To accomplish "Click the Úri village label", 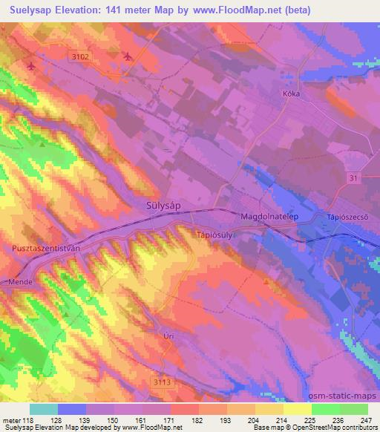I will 168,336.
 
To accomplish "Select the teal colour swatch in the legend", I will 44,409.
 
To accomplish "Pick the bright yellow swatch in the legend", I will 298,409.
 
